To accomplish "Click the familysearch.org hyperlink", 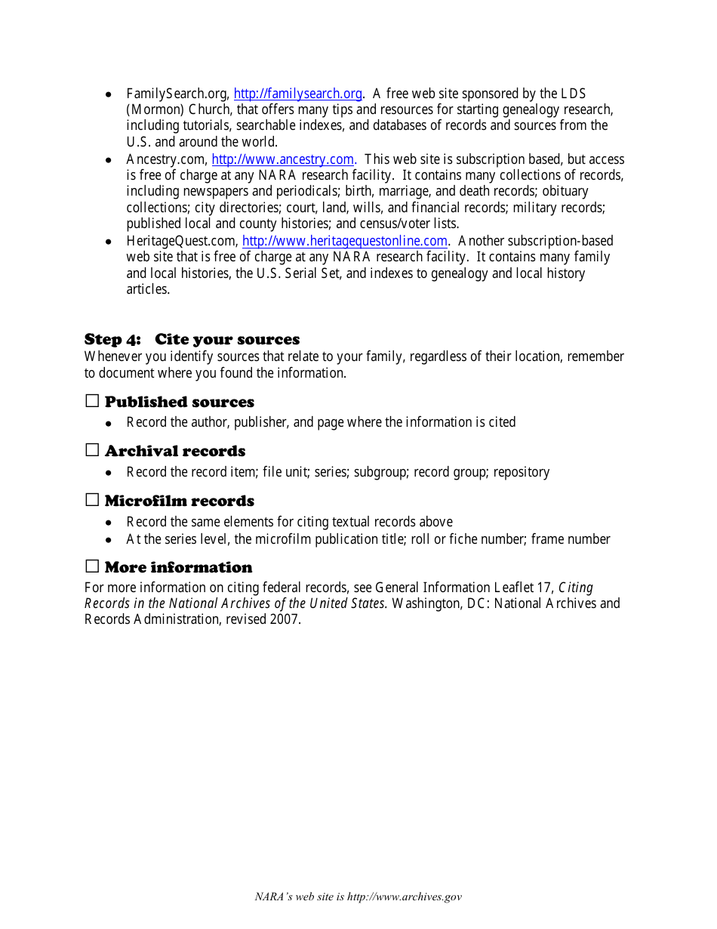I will pos(297,94).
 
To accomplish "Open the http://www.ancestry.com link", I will pos(282,159).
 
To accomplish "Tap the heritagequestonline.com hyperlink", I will pos(345,241).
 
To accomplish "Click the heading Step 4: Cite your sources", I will pos(192,339).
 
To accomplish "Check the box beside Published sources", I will pos(92,401).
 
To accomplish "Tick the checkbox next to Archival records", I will pos(92,450).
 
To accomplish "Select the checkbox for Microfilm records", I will pos(92,500).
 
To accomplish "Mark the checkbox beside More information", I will pos(92,566).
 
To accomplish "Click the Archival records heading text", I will pos(175,451).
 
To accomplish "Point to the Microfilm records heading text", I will pos(180,501).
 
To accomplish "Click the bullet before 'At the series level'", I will pos(109,540).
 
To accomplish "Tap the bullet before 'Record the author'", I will pos(109,423).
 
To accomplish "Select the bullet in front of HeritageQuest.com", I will pos(109,242).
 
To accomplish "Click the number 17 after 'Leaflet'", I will pos(544,587).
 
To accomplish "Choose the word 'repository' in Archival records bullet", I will pos(522,472).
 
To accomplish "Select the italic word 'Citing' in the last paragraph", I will pos(576,587).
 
